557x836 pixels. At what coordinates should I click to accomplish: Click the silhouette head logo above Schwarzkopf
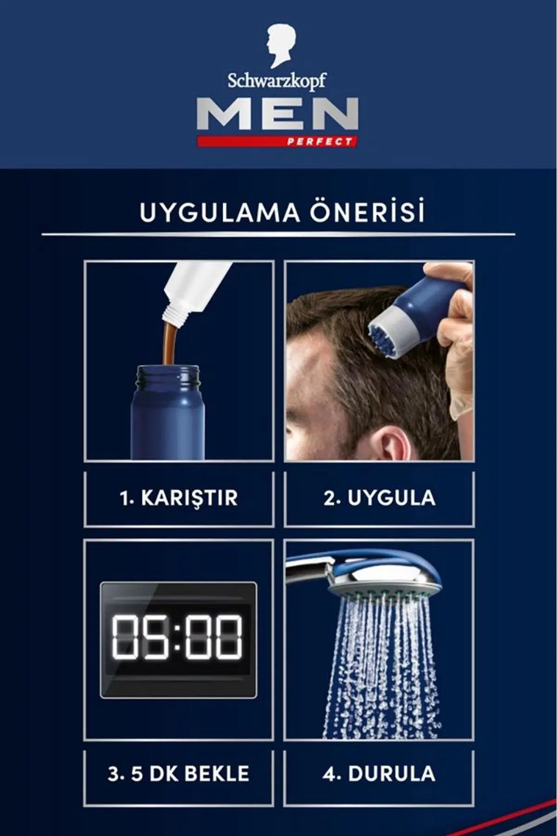tap(282, 46)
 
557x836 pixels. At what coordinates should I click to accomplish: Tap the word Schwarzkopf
tap(277, 81)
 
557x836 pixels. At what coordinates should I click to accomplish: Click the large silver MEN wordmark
tap(277, 114)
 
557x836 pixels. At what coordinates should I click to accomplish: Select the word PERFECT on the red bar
tap(319, 141)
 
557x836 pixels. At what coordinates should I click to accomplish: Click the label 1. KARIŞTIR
tap(179, 498)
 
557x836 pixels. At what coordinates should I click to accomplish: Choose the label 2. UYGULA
tap(379, 498)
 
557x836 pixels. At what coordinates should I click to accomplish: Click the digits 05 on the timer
tap(141, 637)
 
